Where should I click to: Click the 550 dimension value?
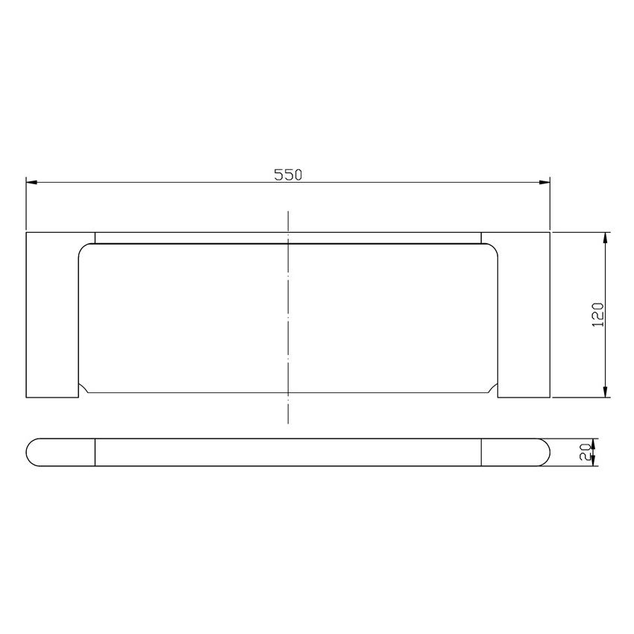click(x=287, y=175)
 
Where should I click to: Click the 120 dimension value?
click(x=597, y=315)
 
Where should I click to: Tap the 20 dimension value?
click(x=586, y=451)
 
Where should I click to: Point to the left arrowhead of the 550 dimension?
click(x=31, y=181)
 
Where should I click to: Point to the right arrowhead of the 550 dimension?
click(x=544, y=181)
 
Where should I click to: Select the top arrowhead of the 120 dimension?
click(x=606, y=237)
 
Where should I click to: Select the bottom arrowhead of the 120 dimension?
click(x=606, y=392)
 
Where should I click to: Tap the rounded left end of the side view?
click(x=34, y=451)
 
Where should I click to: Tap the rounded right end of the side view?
click(x=543, y=451)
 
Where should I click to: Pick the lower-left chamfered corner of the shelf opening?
click(x=84, y=389)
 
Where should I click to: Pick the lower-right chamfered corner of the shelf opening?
click(x=492, y=389)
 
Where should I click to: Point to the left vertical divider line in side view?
click(x=95, y=451)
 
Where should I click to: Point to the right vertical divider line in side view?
click(x=481, y=451)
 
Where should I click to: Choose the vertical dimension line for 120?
click(x=606, y=351)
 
